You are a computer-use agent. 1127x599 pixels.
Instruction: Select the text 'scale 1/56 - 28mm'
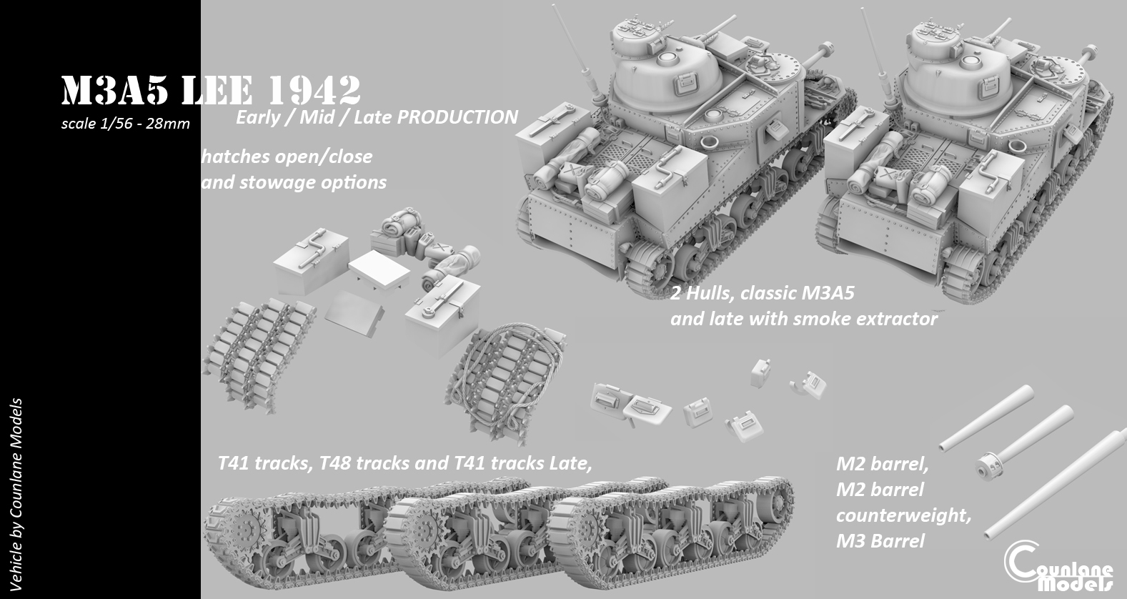tap(126, 124)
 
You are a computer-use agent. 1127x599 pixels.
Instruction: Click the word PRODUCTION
tap(457, 117)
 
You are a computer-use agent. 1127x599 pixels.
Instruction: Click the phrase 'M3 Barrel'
tap(880, 541)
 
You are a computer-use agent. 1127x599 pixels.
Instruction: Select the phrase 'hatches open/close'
tap(287, 156)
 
